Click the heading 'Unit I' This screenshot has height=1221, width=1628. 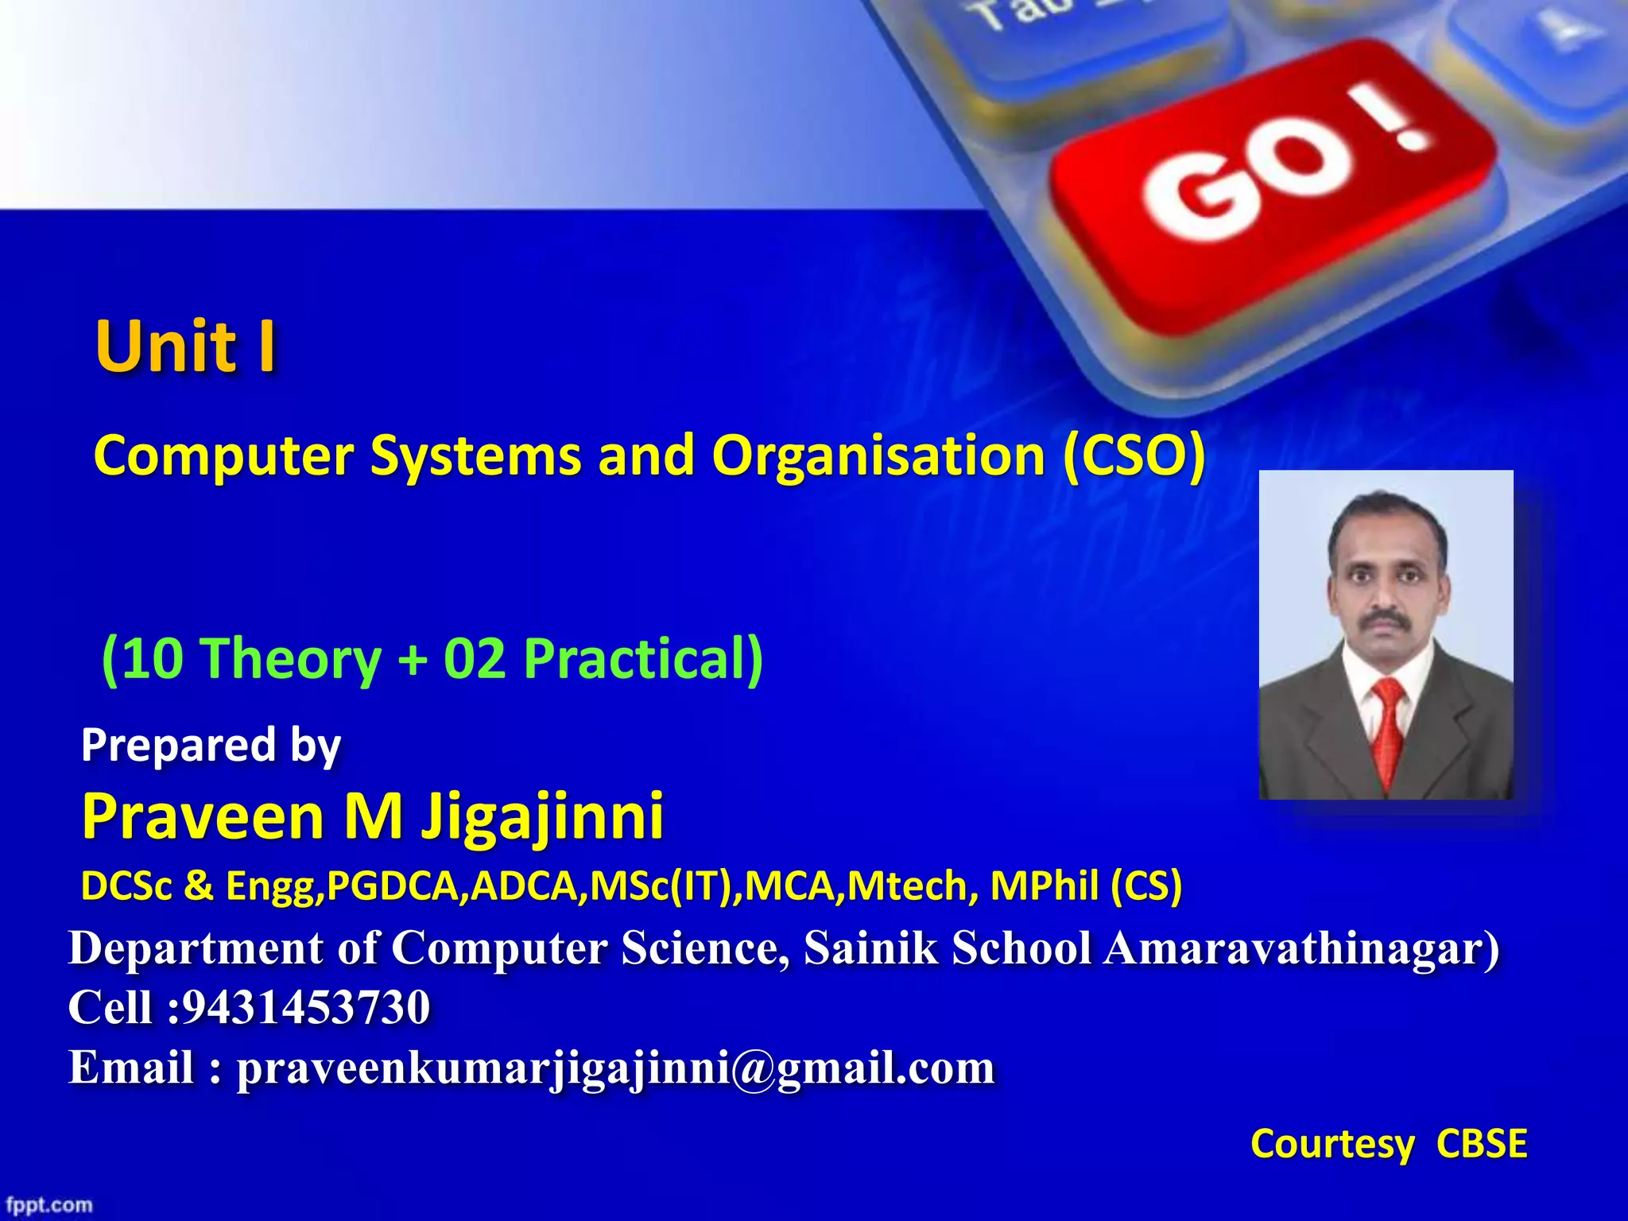pos(186,347)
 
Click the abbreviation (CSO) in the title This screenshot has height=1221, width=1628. pos(1134,456)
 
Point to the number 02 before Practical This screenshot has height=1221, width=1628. pos(475,659)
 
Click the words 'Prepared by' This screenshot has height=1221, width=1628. pos(211,746)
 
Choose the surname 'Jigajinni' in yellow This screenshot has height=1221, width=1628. pos(542,816)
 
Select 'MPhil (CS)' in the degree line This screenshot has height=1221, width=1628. pos(1086,886)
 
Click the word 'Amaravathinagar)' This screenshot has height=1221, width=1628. pos(1302,948)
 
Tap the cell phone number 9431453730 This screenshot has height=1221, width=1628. pos(306,1007)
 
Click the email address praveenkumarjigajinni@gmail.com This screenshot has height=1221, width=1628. pos(615,1068)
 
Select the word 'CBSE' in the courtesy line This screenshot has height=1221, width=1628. pos(1482,1144)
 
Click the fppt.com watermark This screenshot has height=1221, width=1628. pos(49,1205)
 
